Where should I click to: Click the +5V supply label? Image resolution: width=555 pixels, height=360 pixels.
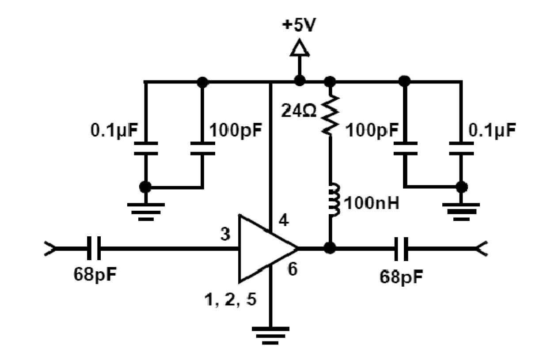[x=299, y=25]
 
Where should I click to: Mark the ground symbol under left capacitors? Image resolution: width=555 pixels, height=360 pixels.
[x=145, y=209]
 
